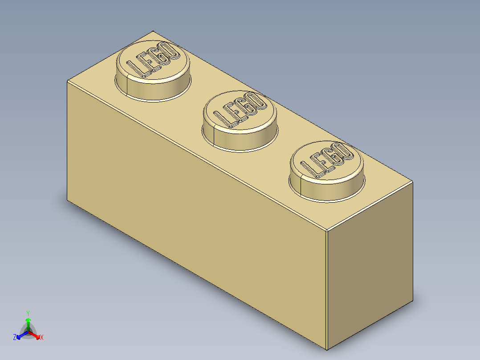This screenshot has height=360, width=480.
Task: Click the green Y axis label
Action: pos(28,313)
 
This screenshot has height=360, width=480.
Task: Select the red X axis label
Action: pos(42,338)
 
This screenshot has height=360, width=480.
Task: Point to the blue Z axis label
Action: pos(14,338)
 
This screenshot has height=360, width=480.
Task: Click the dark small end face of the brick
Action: pos(370,267)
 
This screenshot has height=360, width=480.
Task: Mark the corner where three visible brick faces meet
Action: pos(326,231)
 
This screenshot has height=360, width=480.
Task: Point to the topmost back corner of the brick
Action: pos(153,31)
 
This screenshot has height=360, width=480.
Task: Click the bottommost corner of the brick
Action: pos(327,350)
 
